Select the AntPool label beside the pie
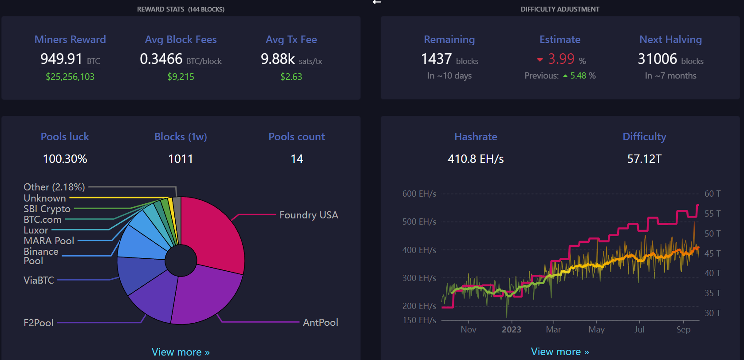320,322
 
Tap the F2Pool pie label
39,323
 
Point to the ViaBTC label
39,280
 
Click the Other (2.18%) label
54,187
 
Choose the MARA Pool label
49,241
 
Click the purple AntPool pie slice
204,293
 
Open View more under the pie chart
181,352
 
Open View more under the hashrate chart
560,352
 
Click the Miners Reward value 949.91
61,59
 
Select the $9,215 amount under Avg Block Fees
181,77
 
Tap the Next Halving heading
670,40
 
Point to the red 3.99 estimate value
561,59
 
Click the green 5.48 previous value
578,75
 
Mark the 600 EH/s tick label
419,194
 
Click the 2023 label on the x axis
511,329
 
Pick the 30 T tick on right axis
713,313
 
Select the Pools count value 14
297,159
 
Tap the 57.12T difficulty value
644,159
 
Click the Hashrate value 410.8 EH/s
476,159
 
